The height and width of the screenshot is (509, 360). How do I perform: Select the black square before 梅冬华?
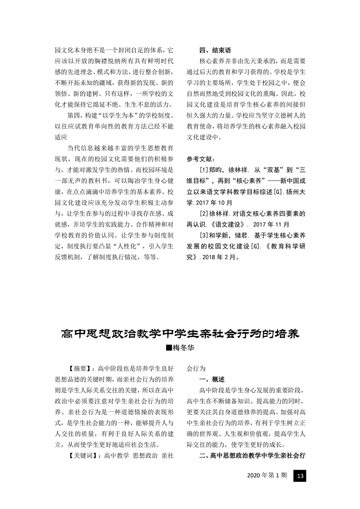coord(170,347)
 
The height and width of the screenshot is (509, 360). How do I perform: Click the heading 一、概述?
coord(212,379)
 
